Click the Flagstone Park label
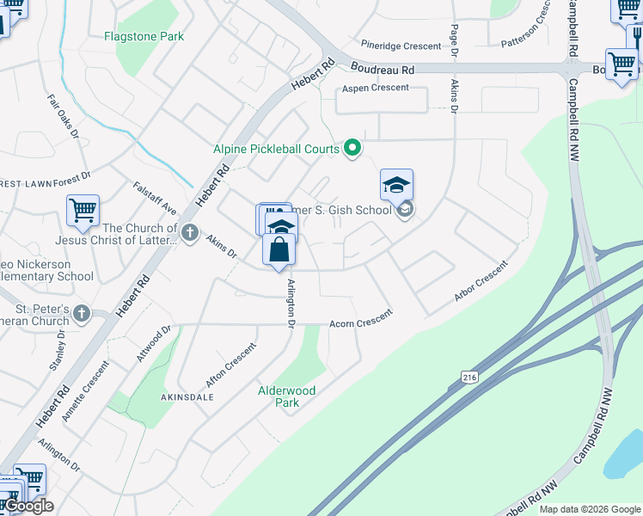click(144, 37)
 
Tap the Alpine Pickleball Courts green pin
click(352, 149)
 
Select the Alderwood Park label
click(287, 396)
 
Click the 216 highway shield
click(468, 377)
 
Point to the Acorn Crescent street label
click(361, 323)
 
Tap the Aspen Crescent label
click(375, 88)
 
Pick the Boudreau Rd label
click(382, 68)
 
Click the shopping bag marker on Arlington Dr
click(279, 250)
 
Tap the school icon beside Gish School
click(396, 186)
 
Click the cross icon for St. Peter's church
click(82, 313)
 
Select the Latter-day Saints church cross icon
click(190, 232)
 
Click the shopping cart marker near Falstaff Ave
click(83, 211)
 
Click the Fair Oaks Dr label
click(63, 118)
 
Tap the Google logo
click(28, 506)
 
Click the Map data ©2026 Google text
click(589, 509)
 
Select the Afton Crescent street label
click(230, 362)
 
